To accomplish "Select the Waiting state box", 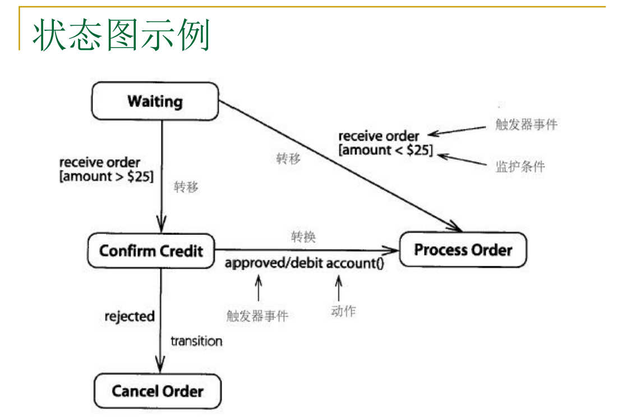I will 155,101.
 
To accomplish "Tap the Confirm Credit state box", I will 151,250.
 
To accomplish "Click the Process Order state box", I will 463,250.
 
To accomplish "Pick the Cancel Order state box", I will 158,391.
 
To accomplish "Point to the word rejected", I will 130,316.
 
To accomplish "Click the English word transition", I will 196,341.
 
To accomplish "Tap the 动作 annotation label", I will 343,311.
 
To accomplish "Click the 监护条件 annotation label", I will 520,167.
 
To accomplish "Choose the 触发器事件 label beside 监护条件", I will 526,124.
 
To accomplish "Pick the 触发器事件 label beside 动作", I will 257,316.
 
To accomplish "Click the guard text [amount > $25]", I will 107,176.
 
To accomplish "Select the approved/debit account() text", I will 305,263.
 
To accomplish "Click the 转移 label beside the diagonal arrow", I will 288,158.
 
